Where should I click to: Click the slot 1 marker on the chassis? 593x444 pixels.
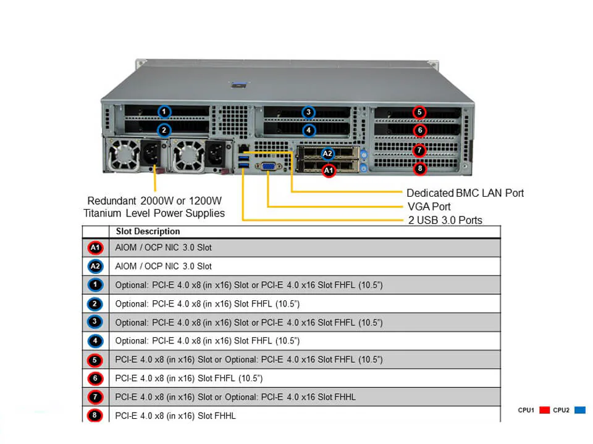coord(164,112)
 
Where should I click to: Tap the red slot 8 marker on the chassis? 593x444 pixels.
coord(419,168)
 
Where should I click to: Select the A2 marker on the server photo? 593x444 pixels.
coord(328,154)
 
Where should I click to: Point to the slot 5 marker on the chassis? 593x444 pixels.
coord(419,112)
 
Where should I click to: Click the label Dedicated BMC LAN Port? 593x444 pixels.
coord(465,193)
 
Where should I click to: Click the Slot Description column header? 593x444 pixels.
coord(148,231)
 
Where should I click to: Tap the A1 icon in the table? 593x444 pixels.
coord(95,248)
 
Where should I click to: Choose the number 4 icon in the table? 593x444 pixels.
coord(95,340)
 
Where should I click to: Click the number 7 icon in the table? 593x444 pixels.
coord(95,396)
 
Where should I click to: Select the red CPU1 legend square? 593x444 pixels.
coord(544,410)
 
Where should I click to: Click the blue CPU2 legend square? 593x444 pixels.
coord(579,410)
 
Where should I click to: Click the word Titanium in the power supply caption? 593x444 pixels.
coord(103,213)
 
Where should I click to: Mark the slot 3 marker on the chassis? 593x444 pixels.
coord(308,112)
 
